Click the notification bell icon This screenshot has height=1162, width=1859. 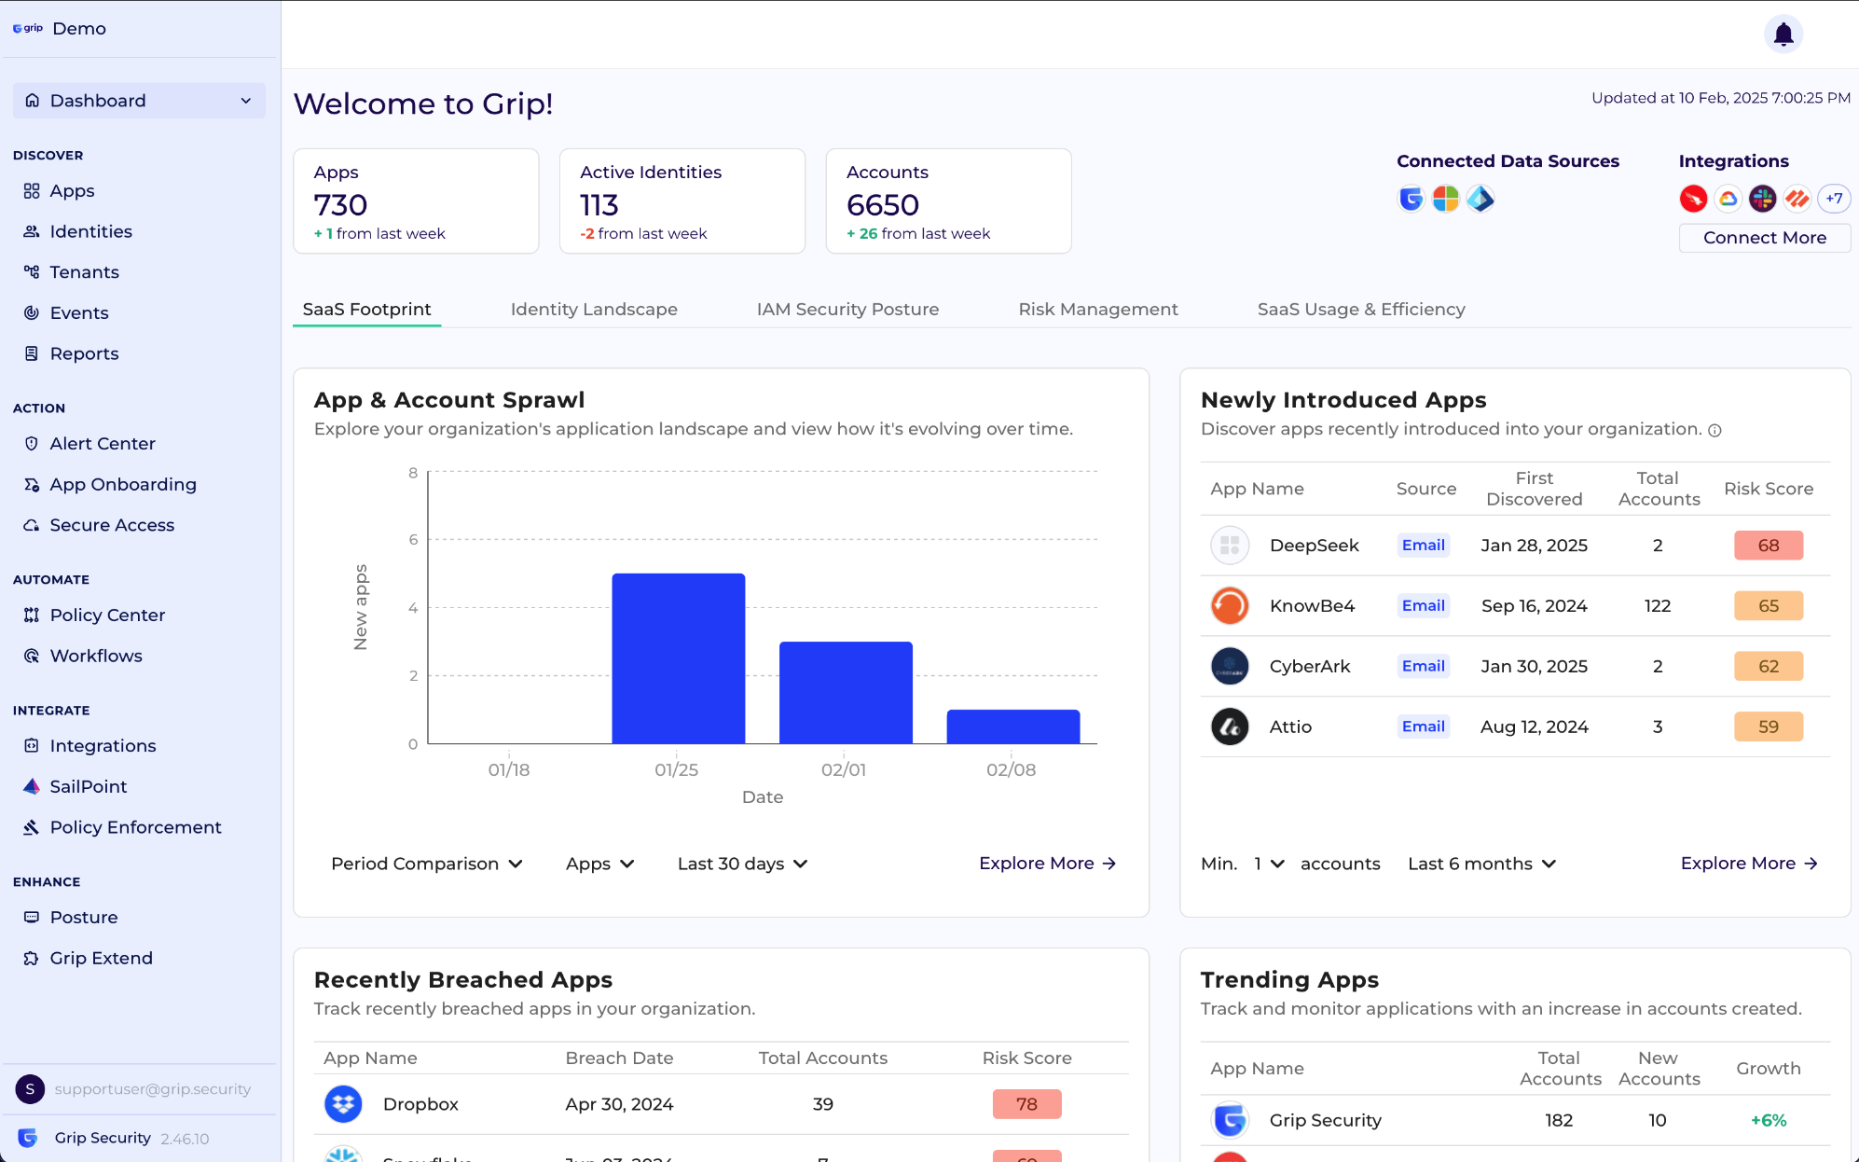pos(1783,35)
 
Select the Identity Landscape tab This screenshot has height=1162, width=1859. pos(594,310)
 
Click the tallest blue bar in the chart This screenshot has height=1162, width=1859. pos(678,658)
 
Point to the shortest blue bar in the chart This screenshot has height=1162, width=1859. pos(1013,726)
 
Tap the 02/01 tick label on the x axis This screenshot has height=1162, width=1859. pos(844,770)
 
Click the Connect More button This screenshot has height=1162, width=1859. pos(1764,238)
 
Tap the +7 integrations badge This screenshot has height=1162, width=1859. pos(1834,199)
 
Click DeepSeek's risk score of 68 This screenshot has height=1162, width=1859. pos(1768,546)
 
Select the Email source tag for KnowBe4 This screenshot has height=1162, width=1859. pos(1423,606)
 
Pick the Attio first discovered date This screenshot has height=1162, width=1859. pos(1534,727)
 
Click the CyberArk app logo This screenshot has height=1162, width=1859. pos(1230,667)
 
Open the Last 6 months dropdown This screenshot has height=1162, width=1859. pos(1481,865)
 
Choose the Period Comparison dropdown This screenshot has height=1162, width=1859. pos(426,865)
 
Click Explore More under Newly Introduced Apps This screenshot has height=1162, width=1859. pos(1749,864)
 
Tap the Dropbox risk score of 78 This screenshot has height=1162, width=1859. pos(1026,1104)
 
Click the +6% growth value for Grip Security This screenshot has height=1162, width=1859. pos(1768,1121)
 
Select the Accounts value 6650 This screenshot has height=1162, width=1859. pos(882,205)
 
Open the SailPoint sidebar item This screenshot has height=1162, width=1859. pos(89,787)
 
